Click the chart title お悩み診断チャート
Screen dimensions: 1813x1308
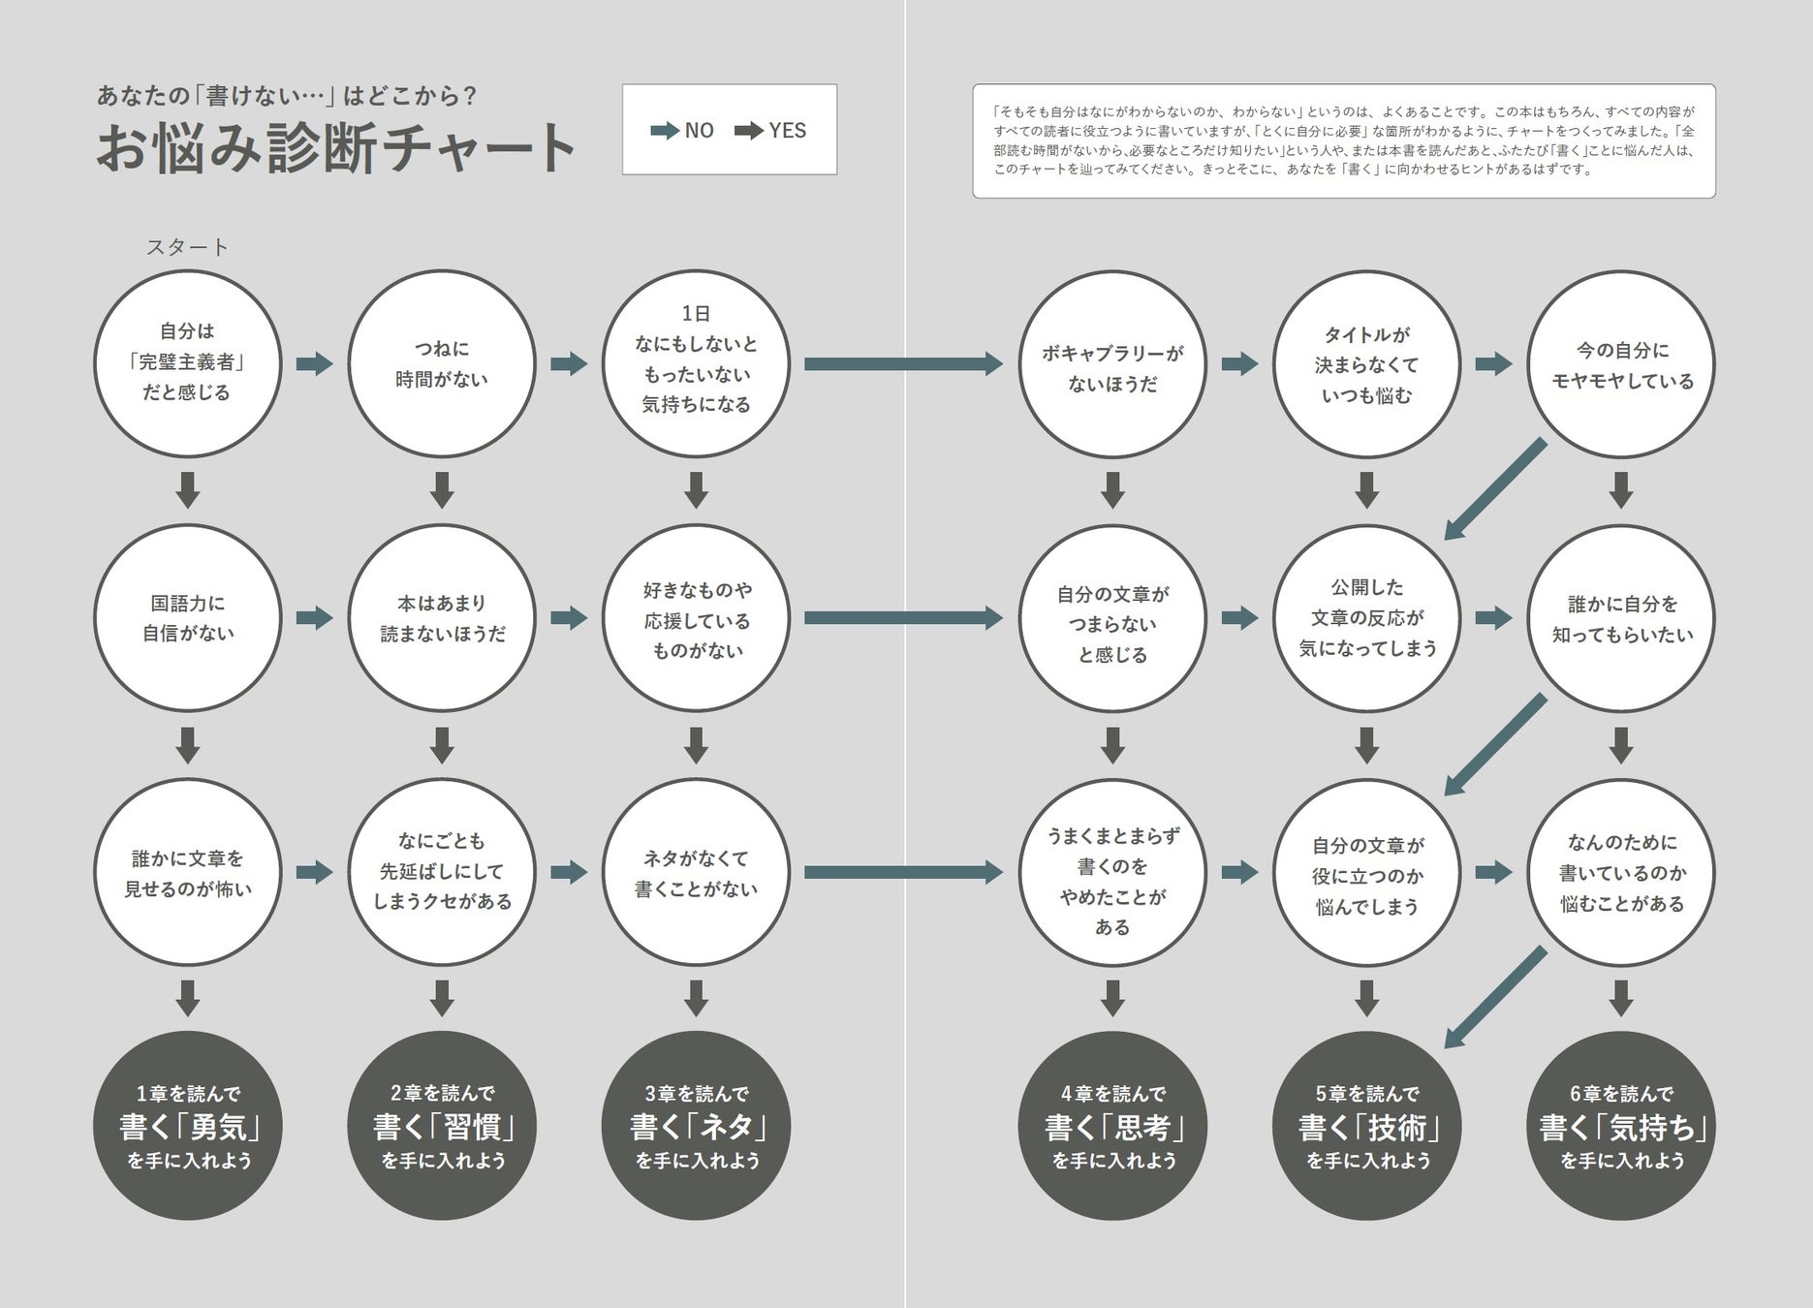click(x=336, y=147)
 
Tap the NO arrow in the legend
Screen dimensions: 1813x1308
click(x=665, y=131)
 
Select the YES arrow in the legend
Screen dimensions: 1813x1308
click(x=749, y=131)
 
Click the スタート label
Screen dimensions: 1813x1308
click(x=187, y=247)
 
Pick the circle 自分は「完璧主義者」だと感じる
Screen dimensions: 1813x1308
click(x=187, y=363)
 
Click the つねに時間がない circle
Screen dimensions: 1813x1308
click(x=442, y=363)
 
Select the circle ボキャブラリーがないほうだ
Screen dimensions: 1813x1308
click(x=1112, y=363)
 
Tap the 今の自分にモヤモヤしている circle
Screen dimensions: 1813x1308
click(x=1620, y=363)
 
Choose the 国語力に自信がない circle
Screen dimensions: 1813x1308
click(x=187, y=618)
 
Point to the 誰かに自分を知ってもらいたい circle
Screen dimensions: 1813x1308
click(x=1620, y=618)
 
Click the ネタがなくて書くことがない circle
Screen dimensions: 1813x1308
click(x=696, y=872)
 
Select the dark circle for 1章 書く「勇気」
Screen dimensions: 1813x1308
click(x=187, y=1126)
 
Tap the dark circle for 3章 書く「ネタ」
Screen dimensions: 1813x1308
click(x=696, y=1126)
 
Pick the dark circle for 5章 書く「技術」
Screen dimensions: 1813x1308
click(x=1366, y=1126)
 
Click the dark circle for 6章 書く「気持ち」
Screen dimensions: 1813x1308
click(x=1620, y=1126)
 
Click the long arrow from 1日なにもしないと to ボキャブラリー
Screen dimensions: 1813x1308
click(x=903, y=363)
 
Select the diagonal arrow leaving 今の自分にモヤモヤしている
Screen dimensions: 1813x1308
click(x=1495, y=489)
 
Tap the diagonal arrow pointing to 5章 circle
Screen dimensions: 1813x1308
click(x=1495, y=998)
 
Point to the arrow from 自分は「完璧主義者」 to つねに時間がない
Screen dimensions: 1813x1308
click(x=314, y=363)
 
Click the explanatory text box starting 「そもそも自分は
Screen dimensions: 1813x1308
click(x=1343, y=141)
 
